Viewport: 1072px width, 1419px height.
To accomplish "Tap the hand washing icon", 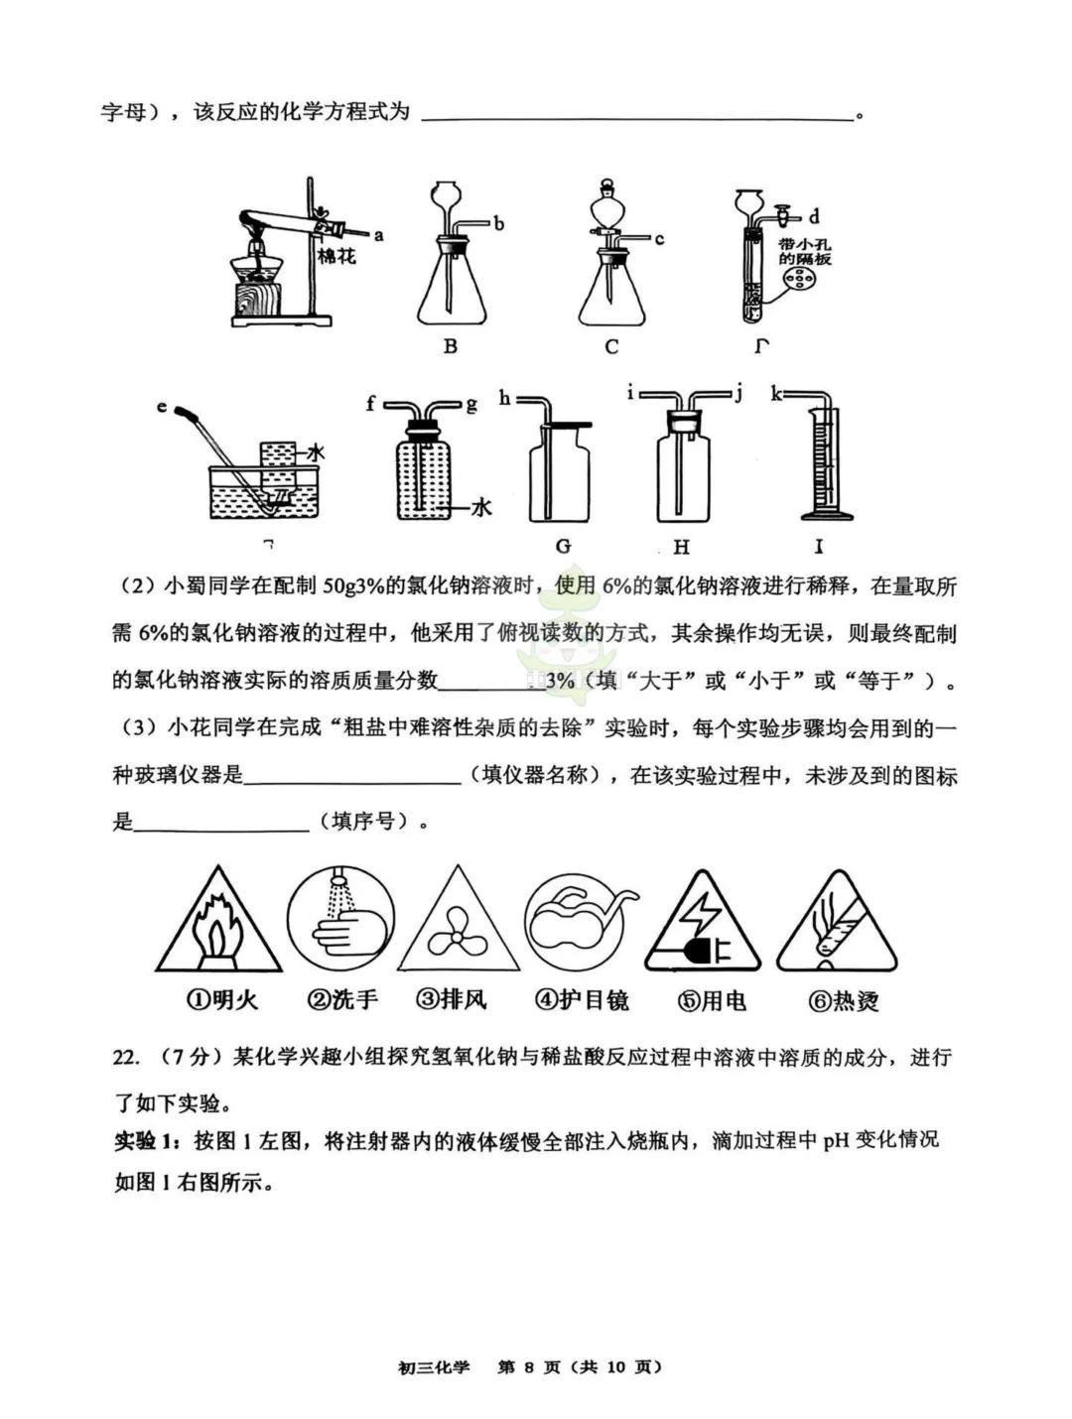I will coord(340,920).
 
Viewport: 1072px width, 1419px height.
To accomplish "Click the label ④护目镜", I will coord(582,999).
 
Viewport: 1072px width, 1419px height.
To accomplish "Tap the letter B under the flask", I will coord(450,346).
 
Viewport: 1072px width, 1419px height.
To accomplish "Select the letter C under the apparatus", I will coord(610,346).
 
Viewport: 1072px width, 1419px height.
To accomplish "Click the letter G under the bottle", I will coord(563,546).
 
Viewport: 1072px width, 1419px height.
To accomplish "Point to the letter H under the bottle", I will coord(681,546).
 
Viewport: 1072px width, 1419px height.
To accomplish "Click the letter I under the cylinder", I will coord(819,546).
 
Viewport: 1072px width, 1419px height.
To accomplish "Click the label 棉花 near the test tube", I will coord(335,256).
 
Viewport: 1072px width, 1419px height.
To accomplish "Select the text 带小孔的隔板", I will coord(804,252).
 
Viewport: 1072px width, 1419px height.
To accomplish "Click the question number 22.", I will coord(126,1058).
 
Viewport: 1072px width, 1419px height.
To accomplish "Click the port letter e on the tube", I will coord(162,406).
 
